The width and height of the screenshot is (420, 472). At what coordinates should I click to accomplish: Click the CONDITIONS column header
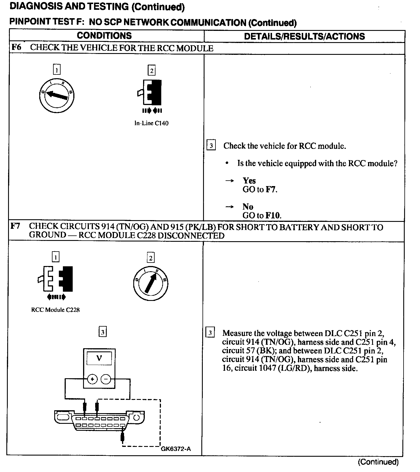point(104,35)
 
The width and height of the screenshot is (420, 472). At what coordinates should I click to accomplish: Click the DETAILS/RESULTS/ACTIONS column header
point(304,36)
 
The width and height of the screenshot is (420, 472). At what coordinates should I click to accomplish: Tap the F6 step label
point(16,47)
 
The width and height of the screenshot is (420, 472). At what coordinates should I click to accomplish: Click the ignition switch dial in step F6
point(57,95)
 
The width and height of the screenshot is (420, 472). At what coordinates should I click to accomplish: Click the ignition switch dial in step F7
point(151,283)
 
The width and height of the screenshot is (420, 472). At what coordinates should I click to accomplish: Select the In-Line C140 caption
point(151,123)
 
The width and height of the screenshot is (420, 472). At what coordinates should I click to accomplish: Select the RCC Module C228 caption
point(55,310)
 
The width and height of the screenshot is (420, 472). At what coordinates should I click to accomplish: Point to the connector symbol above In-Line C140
point(150,93)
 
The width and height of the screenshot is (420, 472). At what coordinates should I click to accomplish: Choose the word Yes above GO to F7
point(249,181)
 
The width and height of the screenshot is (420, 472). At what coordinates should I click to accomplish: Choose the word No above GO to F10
point(248,207)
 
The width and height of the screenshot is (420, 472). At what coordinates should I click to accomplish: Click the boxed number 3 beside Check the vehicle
point(211,145)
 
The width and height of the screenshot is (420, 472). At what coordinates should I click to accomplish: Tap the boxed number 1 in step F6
point(57,70)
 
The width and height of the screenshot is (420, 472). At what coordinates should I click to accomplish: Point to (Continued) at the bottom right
point(378,462)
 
